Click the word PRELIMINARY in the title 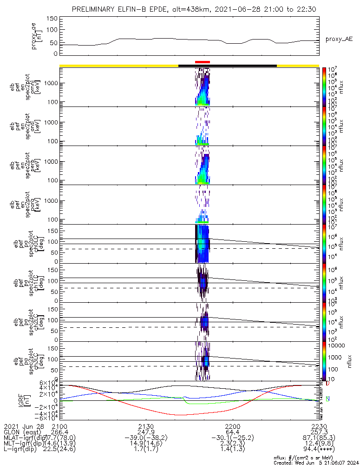click(96, 10)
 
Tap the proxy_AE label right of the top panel click(339, 39)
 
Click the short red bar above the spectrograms click(203, 62)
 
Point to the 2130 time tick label click(146, 426)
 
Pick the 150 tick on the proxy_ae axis click(52, 19)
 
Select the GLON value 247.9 click(146, 432)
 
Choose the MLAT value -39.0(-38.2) click(146, 438)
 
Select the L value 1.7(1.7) click(146, 451)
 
